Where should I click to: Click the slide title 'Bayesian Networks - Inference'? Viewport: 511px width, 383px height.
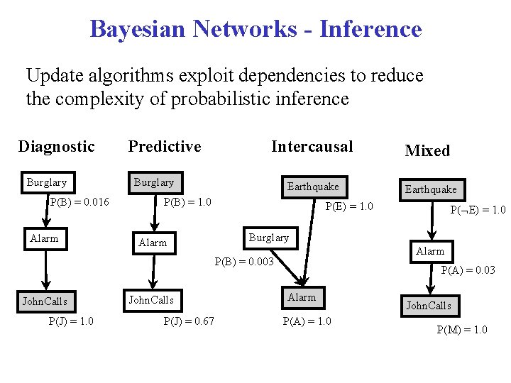click(x=255, y=29)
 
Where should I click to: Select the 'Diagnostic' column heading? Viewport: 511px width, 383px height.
click(x=56, y=147)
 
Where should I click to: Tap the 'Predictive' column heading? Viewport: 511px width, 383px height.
click(x=165, y=147)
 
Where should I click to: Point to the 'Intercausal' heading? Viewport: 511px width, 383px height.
click(x=312, y=147)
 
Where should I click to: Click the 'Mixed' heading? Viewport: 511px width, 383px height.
click(x=427, y=150)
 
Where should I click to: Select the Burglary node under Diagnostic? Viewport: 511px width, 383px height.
click(x=47, y=182)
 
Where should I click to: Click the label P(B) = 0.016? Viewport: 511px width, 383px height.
click(x=79, y=202)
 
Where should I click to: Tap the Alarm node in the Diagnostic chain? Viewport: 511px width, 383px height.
click(x=45, y=238)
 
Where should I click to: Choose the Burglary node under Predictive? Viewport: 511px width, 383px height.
click(x=154, y=182)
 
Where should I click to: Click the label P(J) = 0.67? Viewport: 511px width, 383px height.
click(x=189, y=321)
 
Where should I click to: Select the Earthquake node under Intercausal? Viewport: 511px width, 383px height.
click(x=313, y=187)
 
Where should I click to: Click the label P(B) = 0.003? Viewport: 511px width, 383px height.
click(x=244, y=262)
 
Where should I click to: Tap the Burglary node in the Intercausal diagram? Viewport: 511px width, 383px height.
click(x=269, y=238)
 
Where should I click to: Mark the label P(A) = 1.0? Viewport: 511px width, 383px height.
click(x=307, y=321)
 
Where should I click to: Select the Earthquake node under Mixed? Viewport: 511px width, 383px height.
click(x=431, y=189)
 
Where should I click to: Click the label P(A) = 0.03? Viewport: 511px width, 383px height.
click(x=468, y=270)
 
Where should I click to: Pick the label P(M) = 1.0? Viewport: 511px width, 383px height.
click(x=462, y=330)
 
